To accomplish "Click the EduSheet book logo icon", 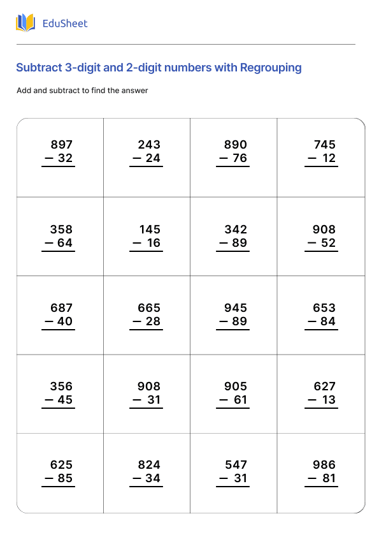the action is point(25,24).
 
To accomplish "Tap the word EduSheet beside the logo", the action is point(64,24).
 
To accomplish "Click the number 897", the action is point(61,145).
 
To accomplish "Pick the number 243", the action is point(149,145).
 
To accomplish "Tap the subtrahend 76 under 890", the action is point(240,158).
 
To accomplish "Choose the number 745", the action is point(324,145).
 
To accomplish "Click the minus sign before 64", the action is point(48,243).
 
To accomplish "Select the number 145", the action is point(150,230).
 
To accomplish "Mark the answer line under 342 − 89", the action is point(233,251).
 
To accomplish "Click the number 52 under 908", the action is point(328,243).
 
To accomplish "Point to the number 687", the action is point(61,308).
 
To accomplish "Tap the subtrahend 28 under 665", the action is point(153,321).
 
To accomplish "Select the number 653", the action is point(324,308).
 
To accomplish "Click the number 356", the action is point(61,386).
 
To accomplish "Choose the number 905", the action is point(236,386).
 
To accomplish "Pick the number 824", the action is point(149,465).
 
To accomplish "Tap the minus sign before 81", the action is point(312,478).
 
